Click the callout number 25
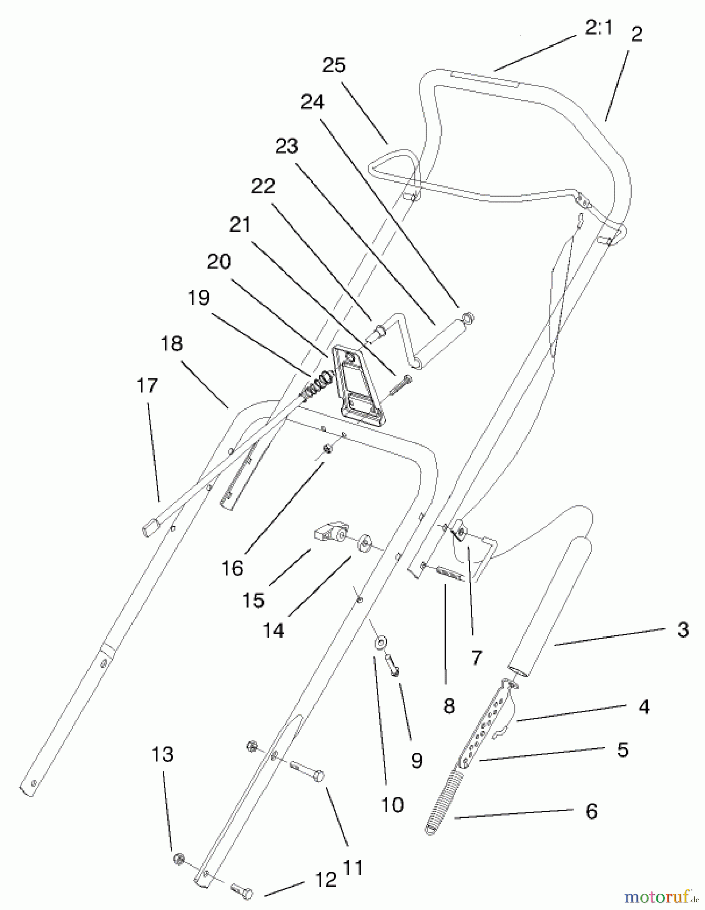(x=334, y=65)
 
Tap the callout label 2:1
(x=598, y=28)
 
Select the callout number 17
(x=147, y=386)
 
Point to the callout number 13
(x=163, y=754)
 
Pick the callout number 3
(x=683, y=630)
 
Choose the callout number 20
(x=219, y=262)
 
